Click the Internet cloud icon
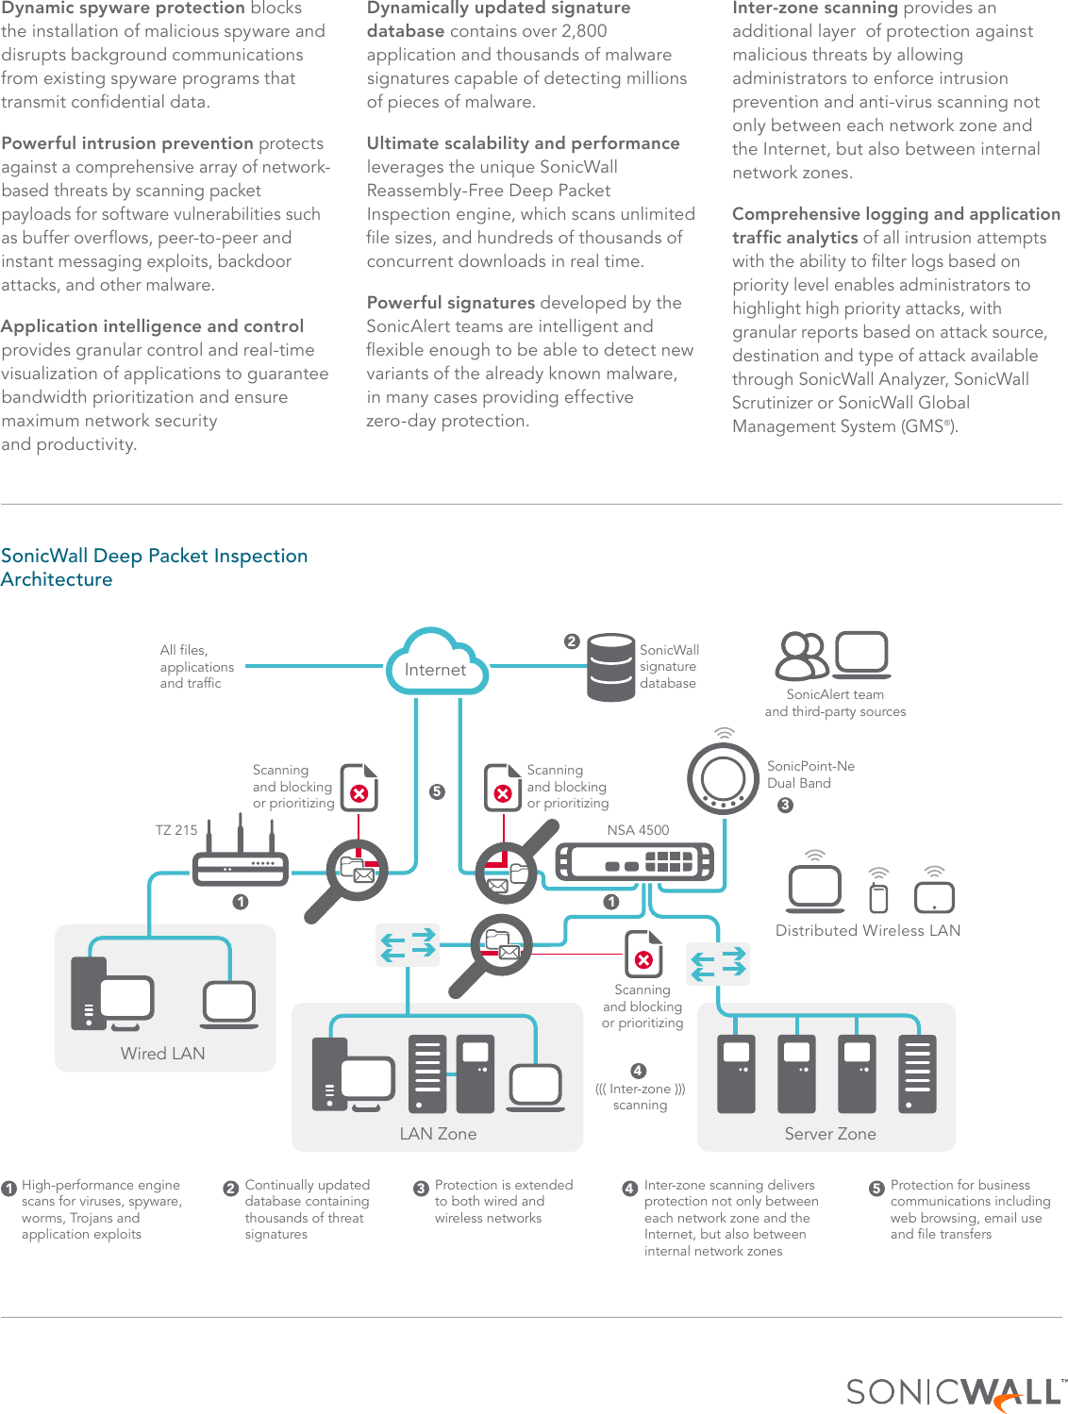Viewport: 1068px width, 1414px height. (436, 663)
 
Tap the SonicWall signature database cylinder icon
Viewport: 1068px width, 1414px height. (610, 667)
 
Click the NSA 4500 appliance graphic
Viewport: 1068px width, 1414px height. (634, 861)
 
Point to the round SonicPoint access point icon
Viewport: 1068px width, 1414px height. (723, 779)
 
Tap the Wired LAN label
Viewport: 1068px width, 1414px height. (162, 1054)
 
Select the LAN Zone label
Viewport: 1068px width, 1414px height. (438, 1134)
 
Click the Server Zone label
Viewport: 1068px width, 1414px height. (830, 1134)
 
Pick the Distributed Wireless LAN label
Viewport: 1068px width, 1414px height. (868, 930)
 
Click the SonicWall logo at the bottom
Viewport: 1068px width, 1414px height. (953, 1391)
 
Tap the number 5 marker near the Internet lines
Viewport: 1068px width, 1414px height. (437, 791)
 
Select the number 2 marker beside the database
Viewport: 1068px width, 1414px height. (572, 641)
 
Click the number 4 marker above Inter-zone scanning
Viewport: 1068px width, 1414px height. (639, 1071)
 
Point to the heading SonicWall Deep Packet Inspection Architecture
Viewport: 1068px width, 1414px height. (154, 567)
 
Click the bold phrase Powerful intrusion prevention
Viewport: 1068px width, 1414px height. (127, 143)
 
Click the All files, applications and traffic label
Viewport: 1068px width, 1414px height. (196, 666)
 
